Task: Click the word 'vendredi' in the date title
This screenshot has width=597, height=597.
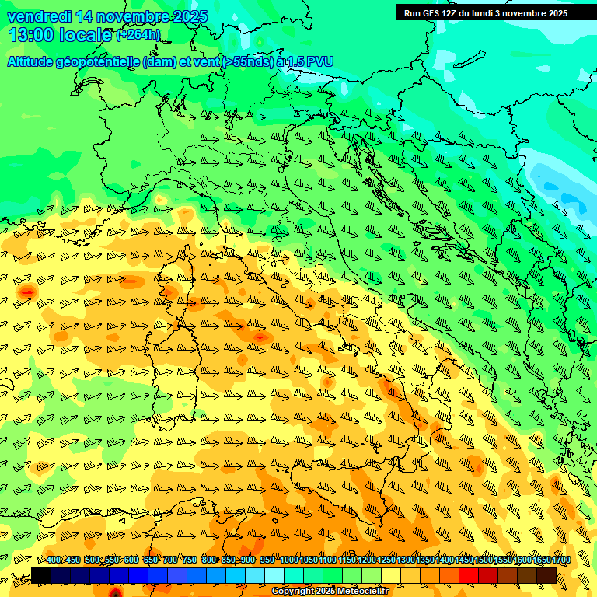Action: click(39, 16)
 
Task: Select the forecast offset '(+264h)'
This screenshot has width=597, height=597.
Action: click(138, 34)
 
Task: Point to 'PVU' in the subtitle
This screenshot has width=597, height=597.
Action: click(321, 61)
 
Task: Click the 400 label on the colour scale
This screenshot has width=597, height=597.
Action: click(54, 560)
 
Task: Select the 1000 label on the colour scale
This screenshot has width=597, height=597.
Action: click(289, 560)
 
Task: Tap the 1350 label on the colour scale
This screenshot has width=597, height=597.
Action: click(425, 560)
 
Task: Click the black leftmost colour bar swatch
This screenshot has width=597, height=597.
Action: click(41, 575)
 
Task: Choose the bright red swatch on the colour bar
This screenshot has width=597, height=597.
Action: click(469, 575)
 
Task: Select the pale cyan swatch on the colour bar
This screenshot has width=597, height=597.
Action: click(274, 575)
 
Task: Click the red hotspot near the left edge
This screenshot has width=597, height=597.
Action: click(28, 292)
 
